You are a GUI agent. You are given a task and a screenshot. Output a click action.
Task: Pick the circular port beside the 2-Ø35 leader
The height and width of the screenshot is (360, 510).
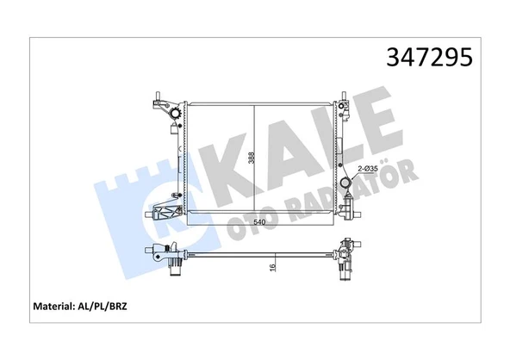pos(346,183)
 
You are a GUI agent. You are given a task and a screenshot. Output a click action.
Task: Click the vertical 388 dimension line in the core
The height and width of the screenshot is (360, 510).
pos(254,158)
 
